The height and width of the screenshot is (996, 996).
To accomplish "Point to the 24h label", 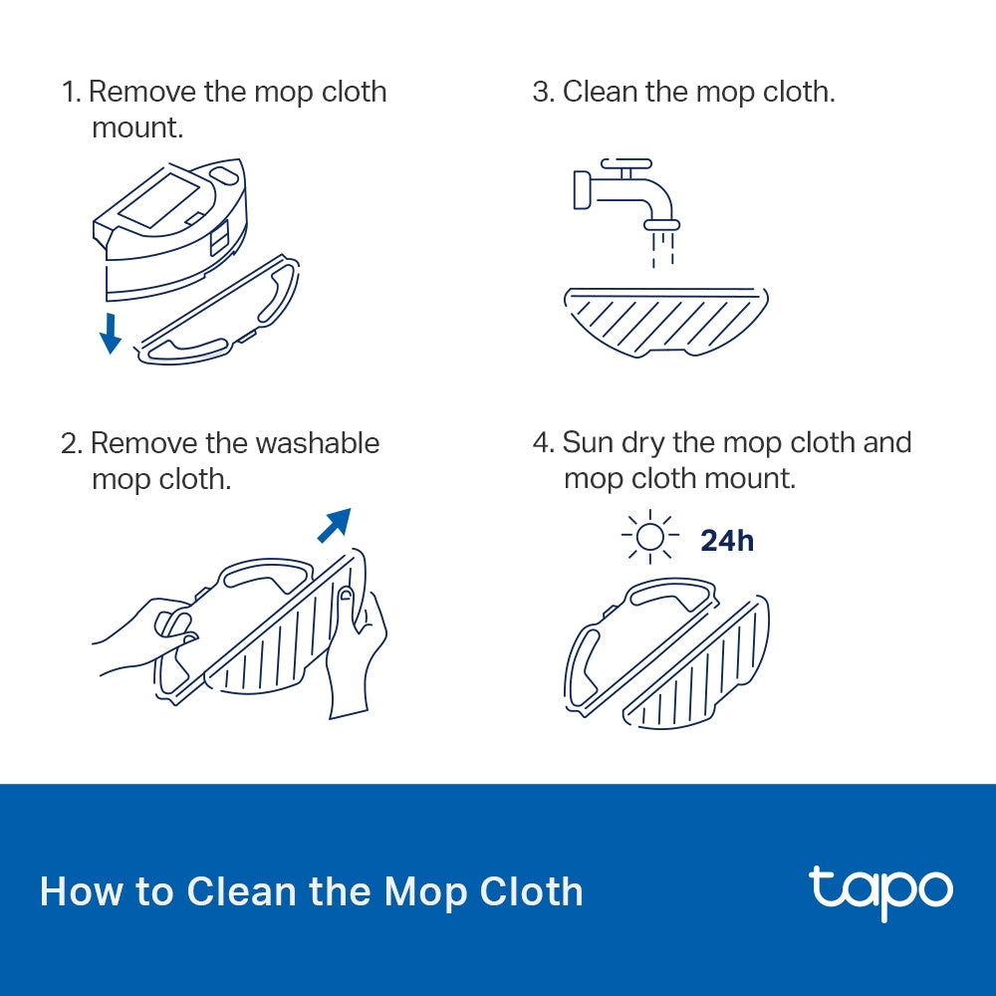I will click(727, 540).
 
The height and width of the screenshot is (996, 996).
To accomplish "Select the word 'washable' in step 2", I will click(318, 442).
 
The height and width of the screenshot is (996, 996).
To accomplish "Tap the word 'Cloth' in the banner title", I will click(532, 890).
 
